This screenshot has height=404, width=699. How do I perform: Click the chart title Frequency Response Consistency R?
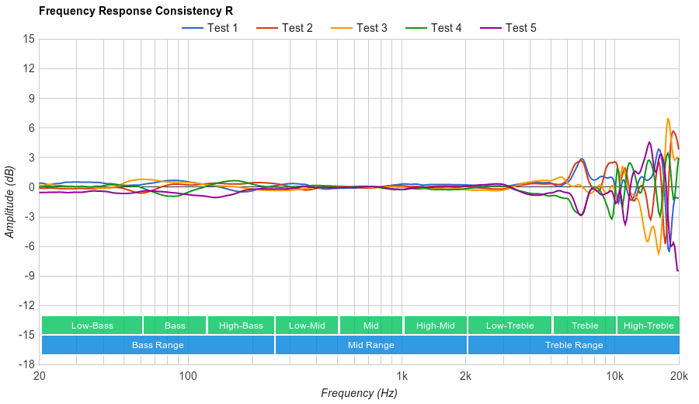[x=135, y=12]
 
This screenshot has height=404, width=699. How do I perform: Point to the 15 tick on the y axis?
[x=28, y=39]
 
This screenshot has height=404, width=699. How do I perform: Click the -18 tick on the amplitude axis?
[x=26, y=364]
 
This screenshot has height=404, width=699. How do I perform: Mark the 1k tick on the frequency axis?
[x=402, y=377]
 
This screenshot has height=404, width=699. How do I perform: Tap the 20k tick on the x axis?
[x=679, y=377]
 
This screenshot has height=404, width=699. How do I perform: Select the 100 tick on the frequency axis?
[x=188, y=377]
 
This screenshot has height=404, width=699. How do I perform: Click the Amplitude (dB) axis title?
[x=10, y=201]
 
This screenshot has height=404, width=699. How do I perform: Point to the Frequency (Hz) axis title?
[x=359, y=393]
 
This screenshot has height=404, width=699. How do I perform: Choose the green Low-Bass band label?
[x=92, y=326]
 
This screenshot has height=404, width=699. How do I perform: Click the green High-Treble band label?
[x=649, y=326]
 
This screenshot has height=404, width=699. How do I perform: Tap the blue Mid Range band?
[x=370, y=345]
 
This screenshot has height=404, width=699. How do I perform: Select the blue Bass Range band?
[x=158, y=345]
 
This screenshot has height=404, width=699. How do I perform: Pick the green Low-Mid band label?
[x=307, y=326]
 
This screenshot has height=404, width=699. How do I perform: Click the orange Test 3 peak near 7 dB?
[x=667, y=119]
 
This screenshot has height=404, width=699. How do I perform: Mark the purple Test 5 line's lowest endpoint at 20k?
[x=677, y=270]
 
